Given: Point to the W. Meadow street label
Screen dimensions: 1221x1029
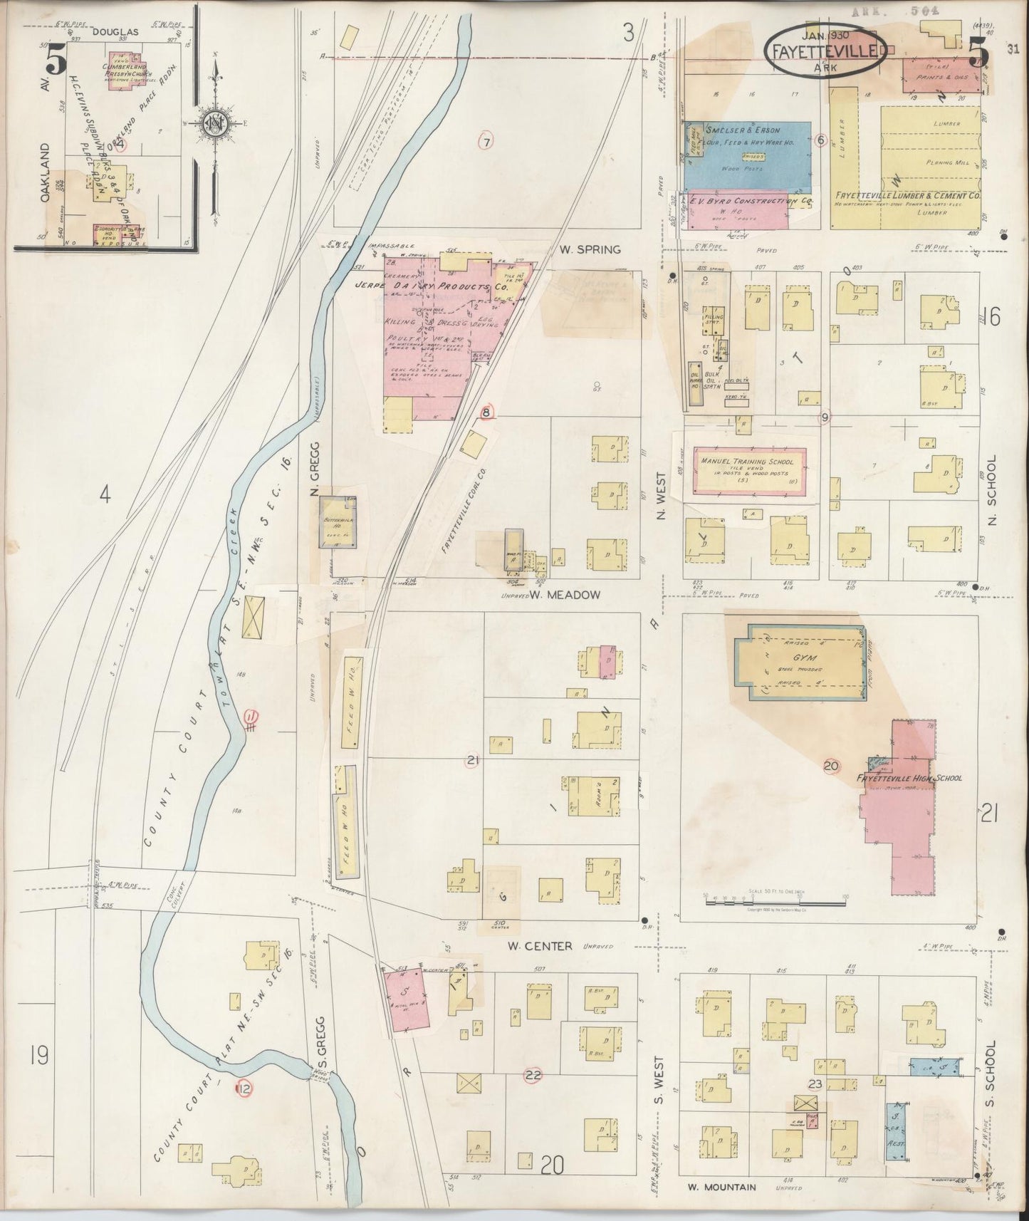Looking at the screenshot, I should pyautogui.click(x=569, y=595).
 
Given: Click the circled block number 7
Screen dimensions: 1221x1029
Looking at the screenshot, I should pyautogui.click(x=486, y=140).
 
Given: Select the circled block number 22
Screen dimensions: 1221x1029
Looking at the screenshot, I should pyautogui.click(x=531, y=1075).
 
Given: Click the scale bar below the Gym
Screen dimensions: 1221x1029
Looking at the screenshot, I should pyautogui.click(x=775, y=903).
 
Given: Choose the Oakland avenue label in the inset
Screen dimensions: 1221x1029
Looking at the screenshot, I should pyautogui.click(x=46, y=172).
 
